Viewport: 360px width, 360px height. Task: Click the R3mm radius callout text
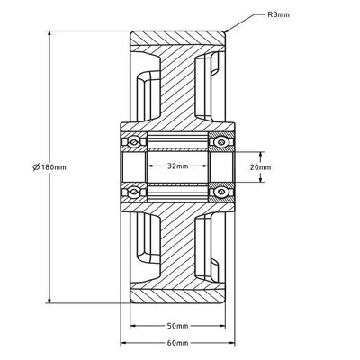tap(278, 14)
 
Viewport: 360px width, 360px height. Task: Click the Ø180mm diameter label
tap(49, 167)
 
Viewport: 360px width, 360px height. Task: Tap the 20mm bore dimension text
tap(260, 167)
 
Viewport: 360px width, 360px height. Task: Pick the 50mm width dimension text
tap(178, 326)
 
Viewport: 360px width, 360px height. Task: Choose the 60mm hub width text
tap(178, 343)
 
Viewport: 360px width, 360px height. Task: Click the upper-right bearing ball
tap(221, 142)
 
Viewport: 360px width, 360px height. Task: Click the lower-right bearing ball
tap(221, 192)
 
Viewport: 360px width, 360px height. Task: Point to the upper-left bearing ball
tap(134, 142)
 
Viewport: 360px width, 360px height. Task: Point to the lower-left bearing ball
tap(134, 192)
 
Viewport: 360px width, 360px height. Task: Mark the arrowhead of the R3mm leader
tap(227, 30)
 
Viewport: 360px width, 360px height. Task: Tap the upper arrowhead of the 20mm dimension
tap(261, 155)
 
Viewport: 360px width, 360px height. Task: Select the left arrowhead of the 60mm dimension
tap(124, 343)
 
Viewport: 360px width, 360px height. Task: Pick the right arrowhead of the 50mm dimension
tap(221, 326)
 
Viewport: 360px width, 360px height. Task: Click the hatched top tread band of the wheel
tap(178, 39)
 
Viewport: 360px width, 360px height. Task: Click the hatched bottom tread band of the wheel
tap(178, 296)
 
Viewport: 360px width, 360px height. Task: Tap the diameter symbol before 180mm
tap(36, 167)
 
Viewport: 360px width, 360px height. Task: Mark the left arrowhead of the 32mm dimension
tap(151, 166)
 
